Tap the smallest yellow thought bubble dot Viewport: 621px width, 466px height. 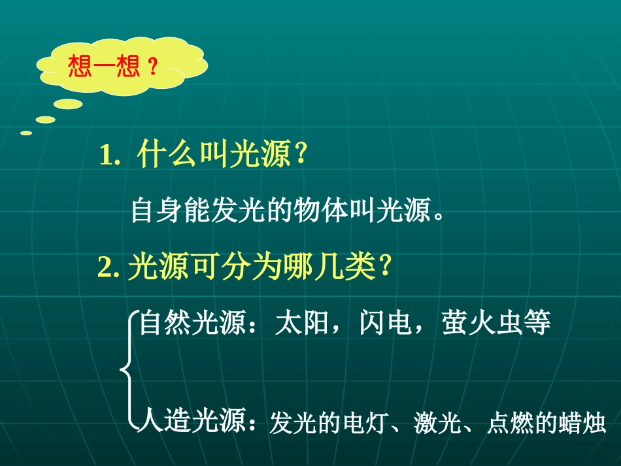click(26, 133)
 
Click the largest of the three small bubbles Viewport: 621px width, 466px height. click(68, 104)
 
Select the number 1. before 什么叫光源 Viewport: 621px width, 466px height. click(110, 157)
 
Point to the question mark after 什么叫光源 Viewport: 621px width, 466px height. click(301, 156)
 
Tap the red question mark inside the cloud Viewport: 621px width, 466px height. click(152, 67)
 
